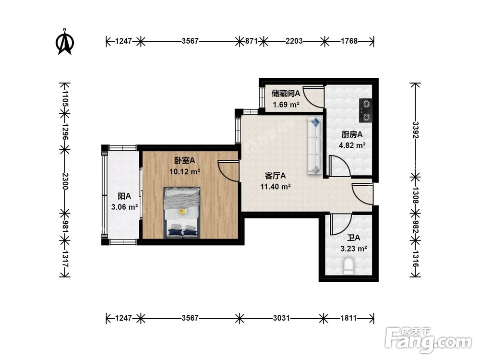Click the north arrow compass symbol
coord(65,42)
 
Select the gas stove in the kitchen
coord(365,110)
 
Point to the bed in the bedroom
coord(182,213)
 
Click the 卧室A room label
coord(185,160)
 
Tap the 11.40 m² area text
coord(276,186)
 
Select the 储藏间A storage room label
coord(286,93)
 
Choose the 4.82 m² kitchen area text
coord(352,145)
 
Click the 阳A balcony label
coord(124,196)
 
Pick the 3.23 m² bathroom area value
coord(354,249)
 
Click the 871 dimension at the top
coord(252,41)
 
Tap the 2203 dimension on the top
coord(294,41)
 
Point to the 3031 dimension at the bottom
coord(281,318)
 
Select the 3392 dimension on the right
coord(415,130)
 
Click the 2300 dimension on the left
coord(65,181)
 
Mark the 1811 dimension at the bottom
coord(348,318)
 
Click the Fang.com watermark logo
coord(428,340)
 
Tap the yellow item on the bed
coord(183,212)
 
